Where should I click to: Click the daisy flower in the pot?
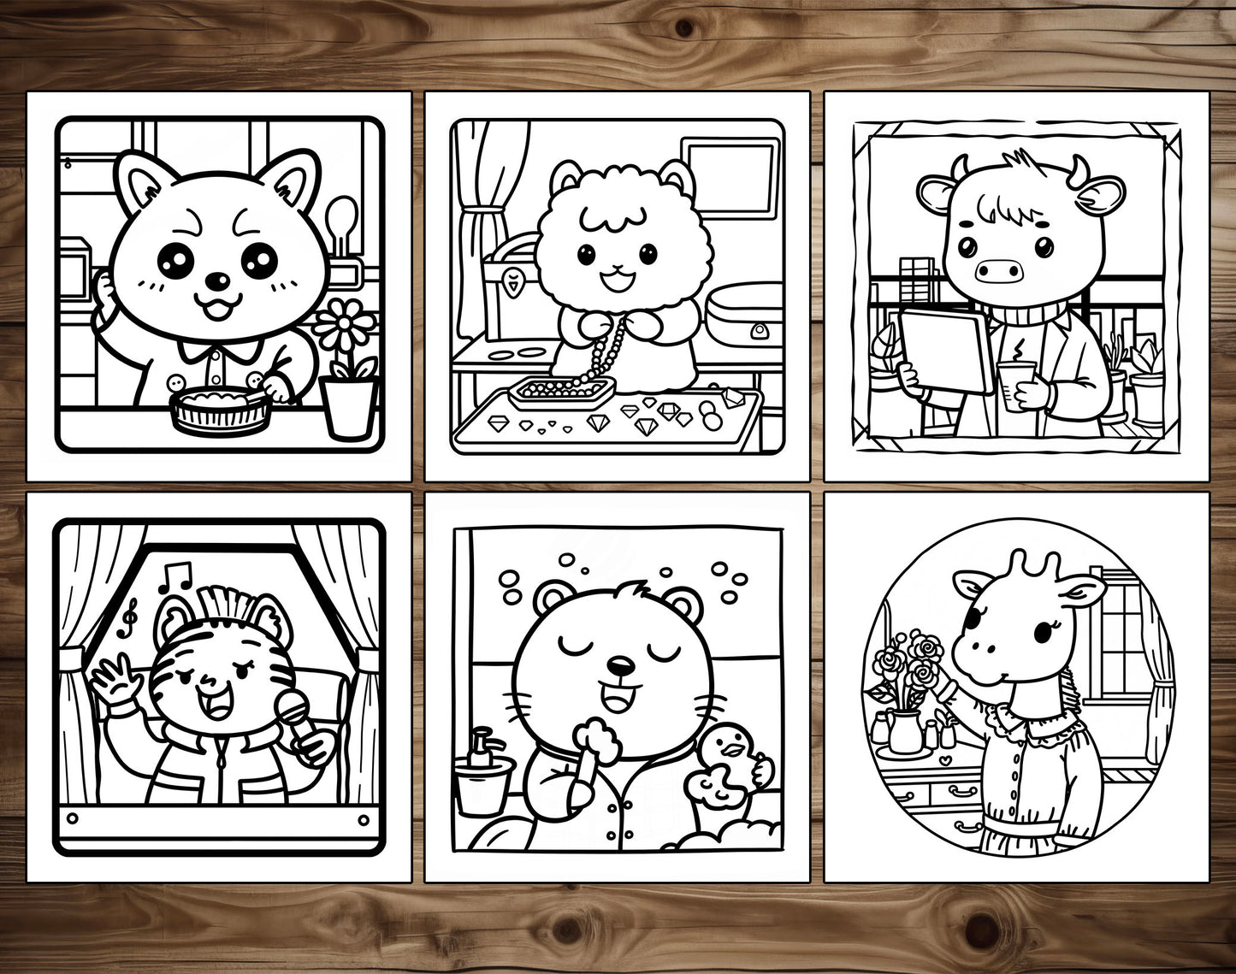point(346,327)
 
